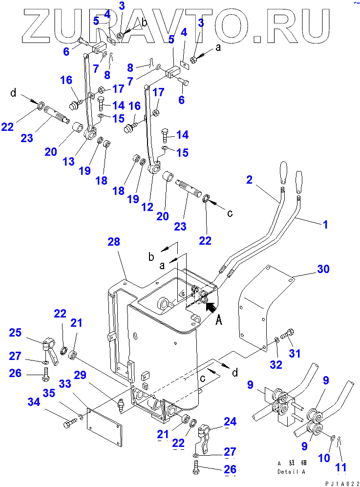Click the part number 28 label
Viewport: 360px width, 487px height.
[x=114, y=242]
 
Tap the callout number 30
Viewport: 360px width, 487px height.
[x=323, y=269]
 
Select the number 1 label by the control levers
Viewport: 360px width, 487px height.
[x=325, y=226]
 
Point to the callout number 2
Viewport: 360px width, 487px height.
[x=250, y=180]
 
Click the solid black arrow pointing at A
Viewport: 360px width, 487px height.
[x=211, y=307]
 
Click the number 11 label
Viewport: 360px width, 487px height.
[x=341, y=467]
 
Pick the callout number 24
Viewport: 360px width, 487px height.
[x=230, y=421]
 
